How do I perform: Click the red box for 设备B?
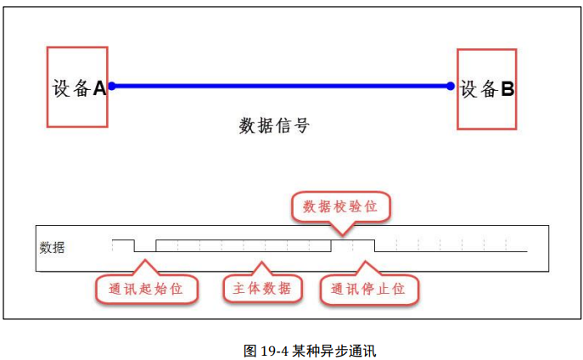tap(486, 87)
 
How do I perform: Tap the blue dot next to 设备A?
tap(111, 86)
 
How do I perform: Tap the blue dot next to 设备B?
tap(451, 86)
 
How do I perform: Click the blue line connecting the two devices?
tap(280, 86)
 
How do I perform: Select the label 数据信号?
tap(274, 127)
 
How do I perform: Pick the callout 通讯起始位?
tap(146, 290)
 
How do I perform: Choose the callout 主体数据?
tap(262, 289)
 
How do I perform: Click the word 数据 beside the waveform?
tap(52, 248)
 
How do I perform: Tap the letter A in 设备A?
tap(99, 87)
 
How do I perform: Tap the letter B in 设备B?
tap(507, 88)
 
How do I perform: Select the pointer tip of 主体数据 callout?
tap(263, 262)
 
